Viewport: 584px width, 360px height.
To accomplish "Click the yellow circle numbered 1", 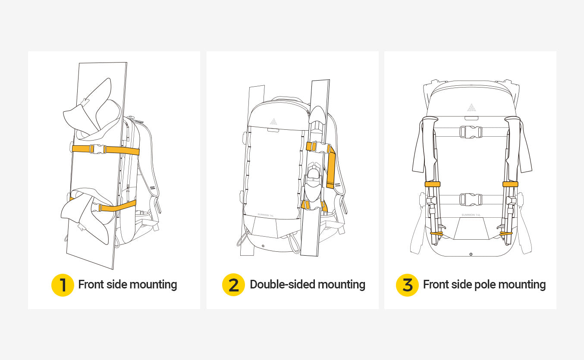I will pos(63,285).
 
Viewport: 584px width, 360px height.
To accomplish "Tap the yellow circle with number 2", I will pos(233,285).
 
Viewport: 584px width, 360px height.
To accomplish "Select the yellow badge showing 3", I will pos(407,285).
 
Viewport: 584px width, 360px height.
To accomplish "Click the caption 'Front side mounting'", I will pos(127,285).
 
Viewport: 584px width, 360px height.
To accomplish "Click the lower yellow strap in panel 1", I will pos(119,206).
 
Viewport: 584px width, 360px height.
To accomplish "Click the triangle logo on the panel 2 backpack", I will pos(273,121).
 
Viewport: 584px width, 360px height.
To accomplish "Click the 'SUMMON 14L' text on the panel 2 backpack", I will pos(266,214).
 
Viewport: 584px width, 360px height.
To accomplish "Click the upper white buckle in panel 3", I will pos(471,132).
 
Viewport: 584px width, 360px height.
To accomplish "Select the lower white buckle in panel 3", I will pos(471,199).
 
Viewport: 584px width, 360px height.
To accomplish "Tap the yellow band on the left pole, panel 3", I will pos(432,184).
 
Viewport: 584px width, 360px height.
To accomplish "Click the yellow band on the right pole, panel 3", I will pos(510,184).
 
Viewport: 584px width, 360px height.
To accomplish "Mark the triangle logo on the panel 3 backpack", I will pos(471,107).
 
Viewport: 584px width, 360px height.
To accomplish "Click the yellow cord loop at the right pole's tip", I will pos(506,233).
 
